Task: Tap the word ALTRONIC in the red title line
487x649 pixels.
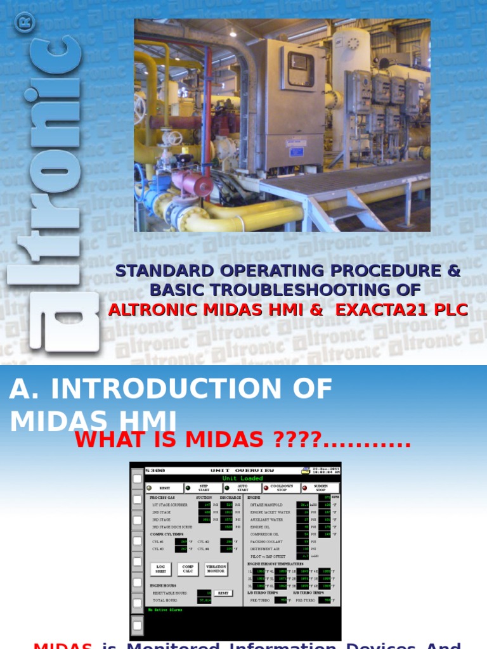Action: coord(148,310)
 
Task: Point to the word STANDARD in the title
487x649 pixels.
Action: coord(166,271)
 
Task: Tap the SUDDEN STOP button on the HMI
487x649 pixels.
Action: coord(321,488)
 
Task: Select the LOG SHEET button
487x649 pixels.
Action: coord(161,569)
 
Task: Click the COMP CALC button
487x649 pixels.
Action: coord(188,569)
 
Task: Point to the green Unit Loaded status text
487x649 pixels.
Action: coord(242,479)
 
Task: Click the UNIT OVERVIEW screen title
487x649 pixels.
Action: coord(242,470)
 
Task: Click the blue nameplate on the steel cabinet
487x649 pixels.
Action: coord(297,152)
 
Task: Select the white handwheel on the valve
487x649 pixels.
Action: coord(172,136)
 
